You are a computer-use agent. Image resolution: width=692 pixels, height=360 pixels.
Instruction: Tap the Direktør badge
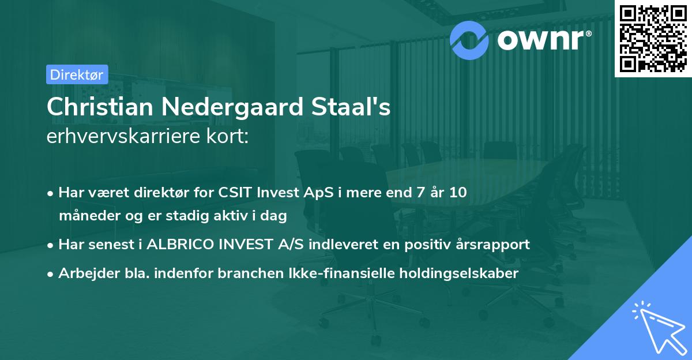(77, 74)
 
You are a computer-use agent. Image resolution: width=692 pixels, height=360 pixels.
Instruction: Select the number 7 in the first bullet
(411, 193)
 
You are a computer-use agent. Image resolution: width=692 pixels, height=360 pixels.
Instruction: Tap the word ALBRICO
(183, 245)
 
